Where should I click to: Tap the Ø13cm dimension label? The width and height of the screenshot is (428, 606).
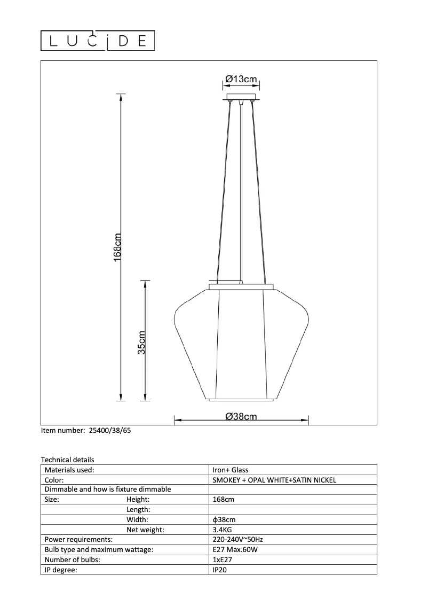[x=241, y=79]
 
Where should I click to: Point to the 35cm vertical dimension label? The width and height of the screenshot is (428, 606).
[x=141, y=342]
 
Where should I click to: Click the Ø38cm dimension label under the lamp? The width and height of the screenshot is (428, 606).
[x=241, y=417]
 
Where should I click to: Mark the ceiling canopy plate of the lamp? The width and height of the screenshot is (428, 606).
[x=242, y=97]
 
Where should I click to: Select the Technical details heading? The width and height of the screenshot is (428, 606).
[x=67, y=460]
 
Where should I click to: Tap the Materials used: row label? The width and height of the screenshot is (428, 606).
[x=69, y=470]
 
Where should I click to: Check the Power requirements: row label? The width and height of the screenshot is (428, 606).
[x=78, y=540]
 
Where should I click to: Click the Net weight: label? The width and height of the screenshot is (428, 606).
[x=145, y=530]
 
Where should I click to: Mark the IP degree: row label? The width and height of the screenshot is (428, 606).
[x=61, y=570]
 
